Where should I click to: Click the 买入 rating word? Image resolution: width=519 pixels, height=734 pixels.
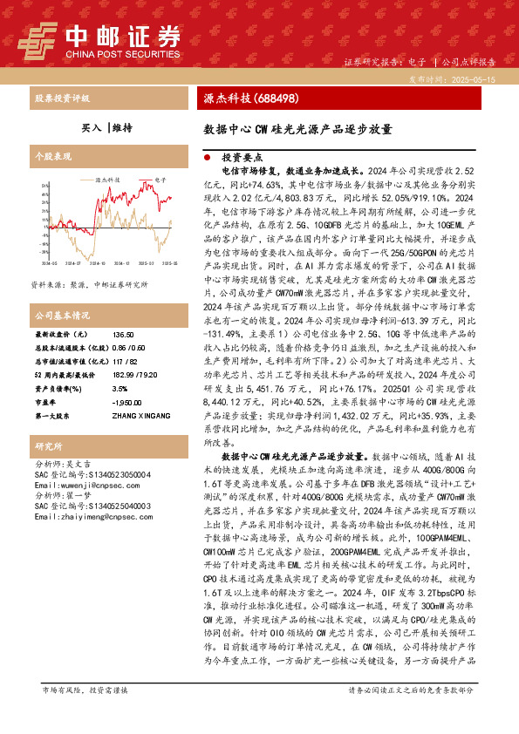click(x=92, y=127)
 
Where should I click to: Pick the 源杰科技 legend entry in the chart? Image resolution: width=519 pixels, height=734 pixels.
click(x=107, y=178)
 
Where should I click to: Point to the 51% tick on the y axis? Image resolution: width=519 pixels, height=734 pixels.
click(x=44, y=186)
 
